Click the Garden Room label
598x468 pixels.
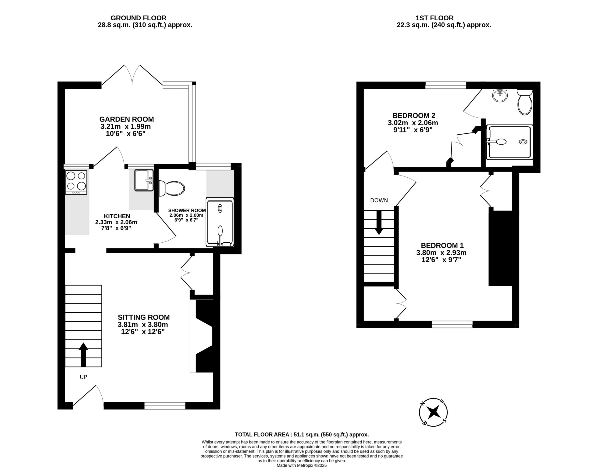pos(127,119)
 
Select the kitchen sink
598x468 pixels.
pos(144,180)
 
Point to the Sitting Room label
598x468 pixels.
pos(144,317)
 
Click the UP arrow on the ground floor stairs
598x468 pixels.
pos(83,355)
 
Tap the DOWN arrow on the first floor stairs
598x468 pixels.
pos(379,223)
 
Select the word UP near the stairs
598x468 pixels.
pos(84,377)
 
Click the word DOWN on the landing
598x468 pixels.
pos(379,201)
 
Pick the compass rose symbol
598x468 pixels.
pos(434,412)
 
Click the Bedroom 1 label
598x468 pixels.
pos(442,245)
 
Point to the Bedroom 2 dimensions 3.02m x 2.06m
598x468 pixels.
pos(413,123)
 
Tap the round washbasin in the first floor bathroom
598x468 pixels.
pos(500,96)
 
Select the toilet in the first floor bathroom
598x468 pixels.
pos(525,102)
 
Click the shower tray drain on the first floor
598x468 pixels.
pos(523,142)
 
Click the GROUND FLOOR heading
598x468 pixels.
pos(139,18)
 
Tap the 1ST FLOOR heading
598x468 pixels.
pos(434,18)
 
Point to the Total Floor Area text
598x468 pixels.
pos(302,435)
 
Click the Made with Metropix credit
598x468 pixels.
pos(302,465)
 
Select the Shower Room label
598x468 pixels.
pos(187,210)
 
